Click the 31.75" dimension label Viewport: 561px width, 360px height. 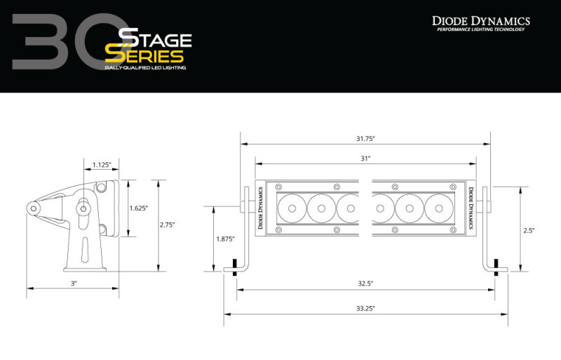(365, 138)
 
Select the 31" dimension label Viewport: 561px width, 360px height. (365, 159)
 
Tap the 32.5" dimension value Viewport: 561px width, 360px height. (365, 284)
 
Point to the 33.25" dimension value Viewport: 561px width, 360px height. (365, 308)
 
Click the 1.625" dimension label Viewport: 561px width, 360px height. (139, 208)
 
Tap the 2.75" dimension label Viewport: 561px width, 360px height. (168, 225)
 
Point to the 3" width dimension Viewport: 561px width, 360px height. (73, 284)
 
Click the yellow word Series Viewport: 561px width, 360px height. (144, 55)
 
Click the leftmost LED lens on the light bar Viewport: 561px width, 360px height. (290, 208)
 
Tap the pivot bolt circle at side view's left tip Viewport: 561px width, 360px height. (34, 207)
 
